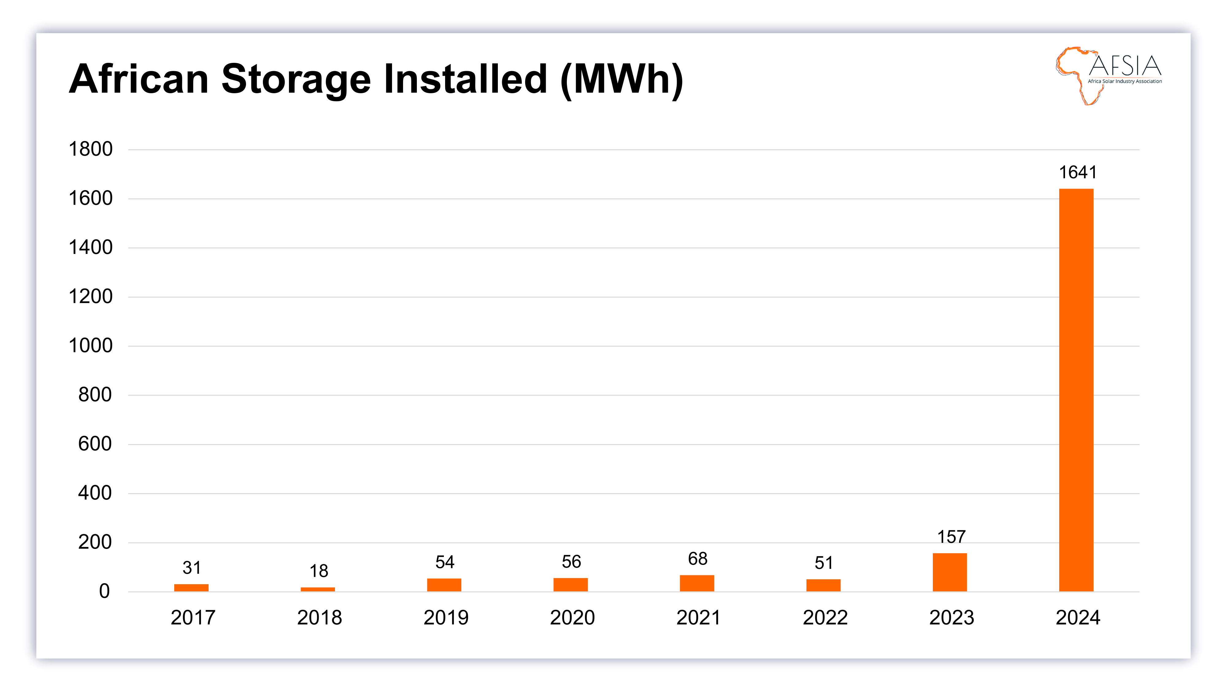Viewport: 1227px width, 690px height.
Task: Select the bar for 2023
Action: (x=949, y=572)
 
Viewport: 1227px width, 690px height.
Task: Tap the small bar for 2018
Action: (x=318, y=589)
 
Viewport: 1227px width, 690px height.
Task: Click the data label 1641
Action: (x=1077, y=172)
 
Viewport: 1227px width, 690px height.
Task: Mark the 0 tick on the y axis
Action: (x=104, y=591)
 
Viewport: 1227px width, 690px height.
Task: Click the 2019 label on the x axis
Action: (x=446, y=618)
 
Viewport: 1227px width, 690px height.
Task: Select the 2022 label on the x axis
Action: (x=825, y=618)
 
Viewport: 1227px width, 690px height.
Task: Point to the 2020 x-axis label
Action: (x=572, y=618)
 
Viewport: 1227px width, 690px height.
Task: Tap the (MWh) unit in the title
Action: (x=621, y=79)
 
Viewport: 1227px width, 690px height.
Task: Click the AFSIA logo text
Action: (x=1125, y=66)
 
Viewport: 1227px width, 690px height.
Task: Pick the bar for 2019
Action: (x=444, y=585)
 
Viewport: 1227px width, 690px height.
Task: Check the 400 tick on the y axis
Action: (x=95, y=493)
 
